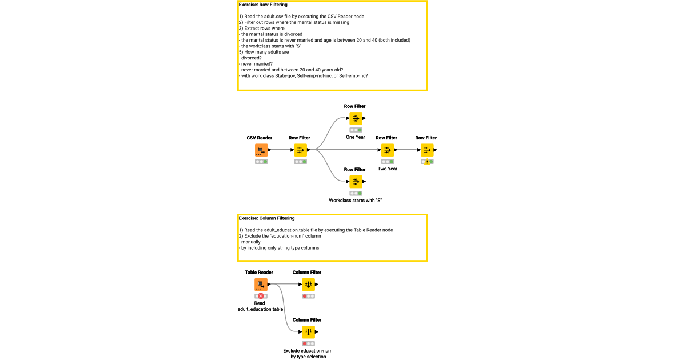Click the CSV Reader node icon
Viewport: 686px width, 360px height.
[261, 150]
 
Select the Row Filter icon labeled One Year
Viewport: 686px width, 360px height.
[356, 119]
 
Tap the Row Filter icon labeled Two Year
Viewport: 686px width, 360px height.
[387, 150]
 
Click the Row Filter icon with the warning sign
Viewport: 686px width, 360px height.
[426, 150]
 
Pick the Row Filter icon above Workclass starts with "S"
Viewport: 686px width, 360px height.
[356, 182]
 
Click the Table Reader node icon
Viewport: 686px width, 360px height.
[261, 285]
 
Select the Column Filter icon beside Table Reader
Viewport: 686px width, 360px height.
[308, 285]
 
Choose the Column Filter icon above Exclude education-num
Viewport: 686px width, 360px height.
[308, 332]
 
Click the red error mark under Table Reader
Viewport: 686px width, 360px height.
[261, 296]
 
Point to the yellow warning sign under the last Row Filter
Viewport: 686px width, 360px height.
[427, 162]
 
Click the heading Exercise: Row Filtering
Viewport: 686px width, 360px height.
[263, 5]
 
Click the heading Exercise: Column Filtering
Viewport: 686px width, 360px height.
[266, 218]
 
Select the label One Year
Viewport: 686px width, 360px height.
[356, 137]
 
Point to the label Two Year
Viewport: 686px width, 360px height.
[388, 169]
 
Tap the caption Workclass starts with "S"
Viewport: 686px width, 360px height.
[355, 201]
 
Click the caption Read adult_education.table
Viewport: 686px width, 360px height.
[260, 306]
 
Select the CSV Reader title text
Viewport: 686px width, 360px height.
[260, 138]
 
